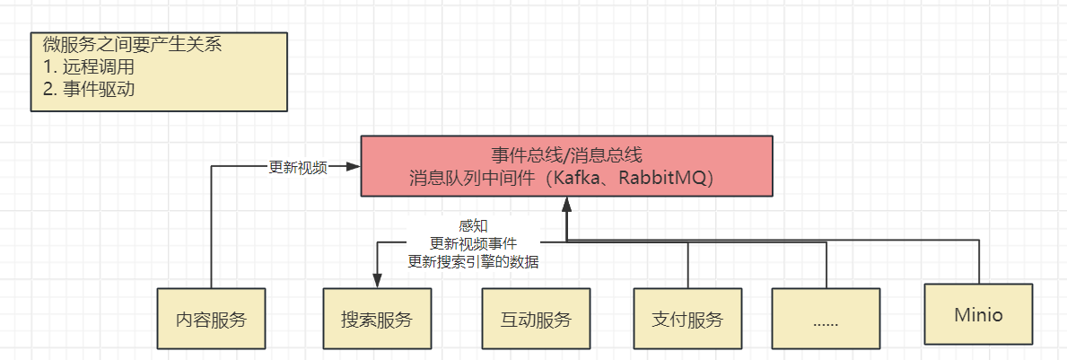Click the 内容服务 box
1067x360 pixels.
tap(211, 319)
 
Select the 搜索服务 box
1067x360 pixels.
tap(377, 319)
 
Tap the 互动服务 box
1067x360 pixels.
tap(536, 319)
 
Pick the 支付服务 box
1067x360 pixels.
tap(687, 319)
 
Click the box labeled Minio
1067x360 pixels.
tap(978, 315)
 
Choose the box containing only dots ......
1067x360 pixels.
tap(825, 319)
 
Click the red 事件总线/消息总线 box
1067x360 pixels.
tap(566, 166)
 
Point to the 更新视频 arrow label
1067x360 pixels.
tap(297, 167)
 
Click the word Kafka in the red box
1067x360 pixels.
tap(582, 178)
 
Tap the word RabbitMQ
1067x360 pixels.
tap(663, 178)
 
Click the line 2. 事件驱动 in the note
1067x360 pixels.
tap(93, 88)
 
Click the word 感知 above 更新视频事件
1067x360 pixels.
tap(473, 225)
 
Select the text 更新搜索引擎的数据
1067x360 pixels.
tap(473, 262)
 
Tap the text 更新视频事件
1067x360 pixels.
tap(473, 243)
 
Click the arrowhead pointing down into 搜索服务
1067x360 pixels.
tap(377, 282)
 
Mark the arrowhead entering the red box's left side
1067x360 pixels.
tap(354, 167)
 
